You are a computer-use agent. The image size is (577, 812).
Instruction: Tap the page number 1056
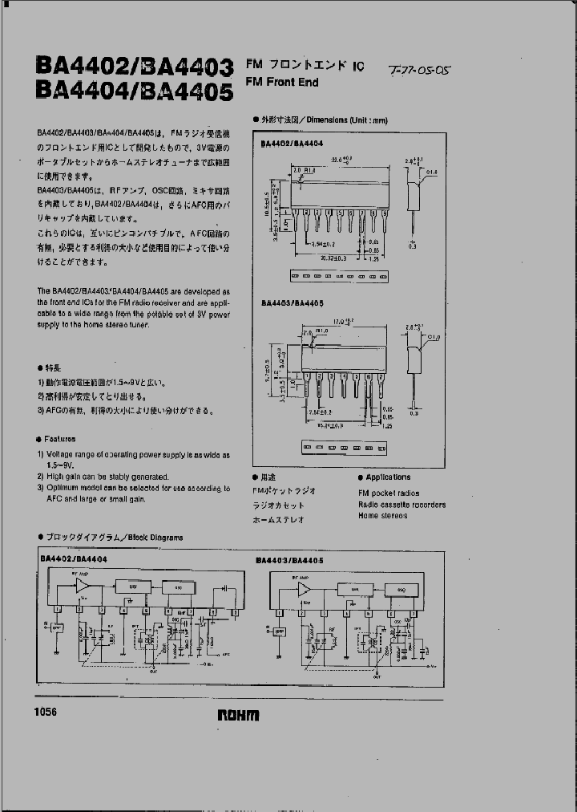(x=46, y=713)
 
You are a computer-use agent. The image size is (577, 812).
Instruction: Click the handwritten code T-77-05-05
(x=420, y=71)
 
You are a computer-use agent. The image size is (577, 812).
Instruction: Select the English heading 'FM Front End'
(x=281, y=83)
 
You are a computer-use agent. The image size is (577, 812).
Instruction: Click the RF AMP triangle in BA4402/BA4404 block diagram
(x=83, y=587)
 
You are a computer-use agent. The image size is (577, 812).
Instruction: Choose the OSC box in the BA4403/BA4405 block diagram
(x=400, y=588)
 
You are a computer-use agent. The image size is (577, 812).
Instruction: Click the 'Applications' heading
(x=388, y=477)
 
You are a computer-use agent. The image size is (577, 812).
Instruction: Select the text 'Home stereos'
(x=382, y=516)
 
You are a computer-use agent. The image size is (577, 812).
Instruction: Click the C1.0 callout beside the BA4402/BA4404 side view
(x=431, y=172)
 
